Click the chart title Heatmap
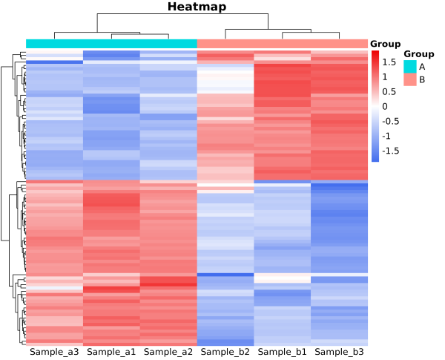(x=197, y=7)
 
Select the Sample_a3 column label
(x=54, y=351)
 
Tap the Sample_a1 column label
(x=111, y=351)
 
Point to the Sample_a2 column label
(x=168, y=351)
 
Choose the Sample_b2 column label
(x=225, y=351)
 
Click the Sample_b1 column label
(x=282, y=351)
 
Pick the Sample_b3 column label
(x=339, y=351)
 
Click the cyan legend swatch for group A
(x=410, y=67)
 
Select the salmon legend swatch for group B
(x=410, y=79)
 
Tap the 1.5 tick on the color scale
(x=390, y=62)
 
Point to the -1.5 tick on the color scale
(x=392, y=151)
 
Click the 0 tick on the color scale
(x=385, y=107)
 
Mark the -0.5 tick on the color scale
(x=392, y=121)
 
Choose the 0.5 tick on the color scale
(x=390, y=92)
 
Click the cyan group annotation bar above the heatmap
(x=111, y=44)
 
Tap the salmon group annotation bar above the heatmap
(x=282, y=44)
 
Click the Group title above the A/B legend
(x=418, y=54)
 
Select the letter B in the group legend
(x=422, y=79)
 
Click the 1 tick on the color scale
(x=385, y=77)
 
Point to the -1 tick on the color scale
(x=387, y=136)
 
